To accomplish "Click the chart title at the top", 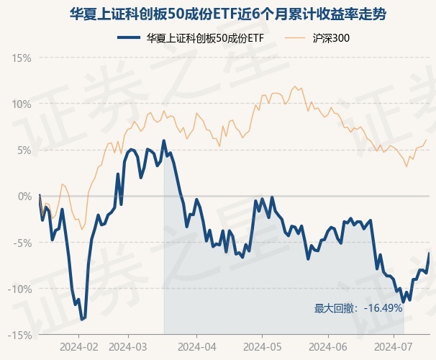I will coord(217,14).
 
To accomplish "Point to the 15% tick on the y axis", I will coord(22,58).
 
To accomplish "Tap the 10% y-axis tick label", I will coord(22,104).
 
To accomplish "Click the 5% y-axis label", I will coord(24,150).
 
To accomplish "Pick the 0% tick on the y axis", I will coord(24,196).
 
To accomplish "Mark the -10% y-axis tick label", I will coord(20,289).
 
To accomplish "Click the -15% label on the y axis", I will coord(20,335).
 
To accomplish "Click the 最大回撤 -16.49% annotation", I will coord(358,308).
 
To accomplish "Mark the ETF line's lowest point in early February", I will coord(81,319).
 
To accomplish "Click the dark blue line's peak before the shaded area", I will coord(164,140).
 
